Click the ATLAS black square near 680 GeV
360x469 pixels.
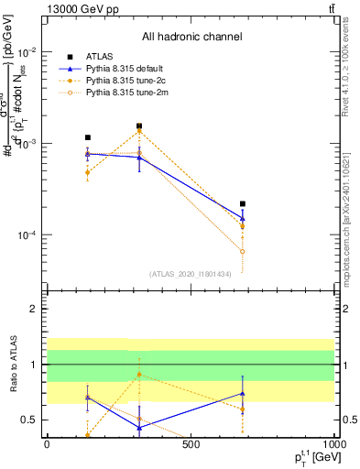(243, 203)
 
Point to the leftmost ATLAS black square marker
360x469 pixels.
(87, 137)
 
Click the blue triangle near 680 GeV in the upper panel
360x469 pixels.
(243, 218)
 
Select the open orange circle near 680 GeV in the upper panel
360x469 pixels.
(243, 251)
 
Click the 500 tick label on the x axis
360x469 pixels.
(191, 444)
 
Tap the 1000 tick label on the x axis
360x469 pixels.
(333, 444)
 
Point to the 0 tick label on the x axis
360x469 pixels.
(47, 444)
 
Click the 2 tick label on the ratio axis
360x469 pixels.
(33, 310)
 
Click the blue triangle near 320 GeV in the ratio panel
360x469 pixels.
(139, 428)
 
